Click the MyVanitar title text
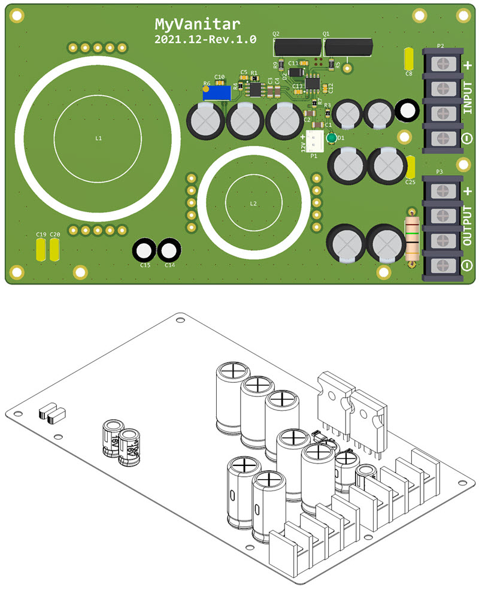(198, 24)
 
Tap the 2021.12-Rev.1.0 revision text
(205, 40)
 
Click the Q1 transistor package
(347, 47)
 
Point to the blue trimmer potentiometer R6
(217, 93)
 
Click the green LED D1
(331, 139)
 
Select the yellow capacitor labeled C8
(410, 59)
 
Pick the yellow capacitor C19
(41, 249)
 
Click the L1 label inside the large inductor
(99, 138)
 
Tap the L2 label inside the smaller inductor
(253, 204)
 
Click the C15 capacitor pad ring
(145, 251)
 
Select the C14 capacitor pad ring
(169, 251)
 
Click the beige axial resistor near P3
(411, 240)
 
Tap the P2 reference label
(440, 46)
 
